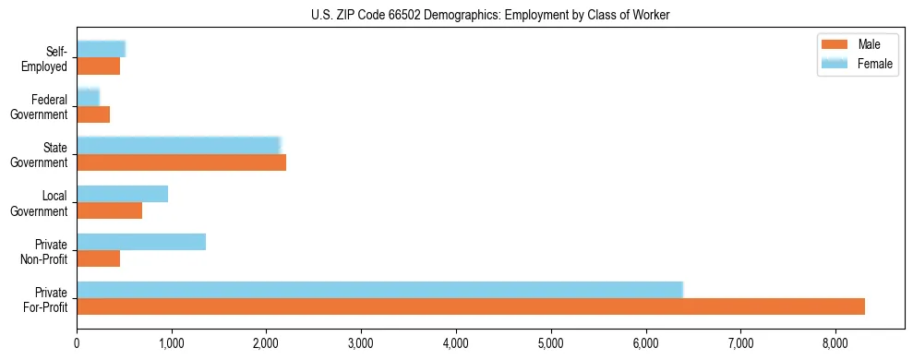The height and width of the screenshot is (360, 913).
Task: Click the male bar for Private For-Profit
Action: pyautogui.click(x=471, y=306)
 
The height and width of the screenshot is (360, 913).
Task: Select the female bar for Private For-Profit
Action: pyautogui.click(x=379, y=290)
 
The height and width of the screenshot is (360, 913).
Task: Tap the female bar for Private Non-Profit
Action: pyautogui.click(x=141, y=242)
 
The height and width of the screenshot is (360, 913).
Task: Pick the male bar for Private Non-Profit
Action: pyautogui.click(x=99, y=258)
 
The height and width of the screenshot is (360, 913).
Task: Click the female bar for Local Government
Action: pyautogui.click(x=123, y=194)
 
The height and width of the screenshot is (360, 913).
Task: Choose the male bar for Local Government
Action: pyautogui.click(x=110, y=210)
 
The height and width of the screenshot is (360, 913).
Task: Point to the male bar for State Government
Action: pyautogui.click(x=182, y=162)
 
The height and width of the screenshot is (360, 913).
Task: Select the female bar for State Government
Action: pyautogui.click(x=178, y=146)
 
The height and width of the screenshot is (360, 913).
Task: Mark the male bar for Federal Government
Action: pyautogui.click(x=93, y=114)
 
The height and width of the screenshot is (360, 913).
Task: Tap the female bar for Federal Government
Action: pyautogui.click(x=88, y=98)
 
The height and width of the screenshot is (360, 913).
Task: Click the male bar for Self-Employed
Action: pyautogui.click(x=99, y=66)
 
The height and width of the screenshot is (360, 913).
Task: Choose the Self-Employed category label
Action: pyautogui.click(x=49, y=59)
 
